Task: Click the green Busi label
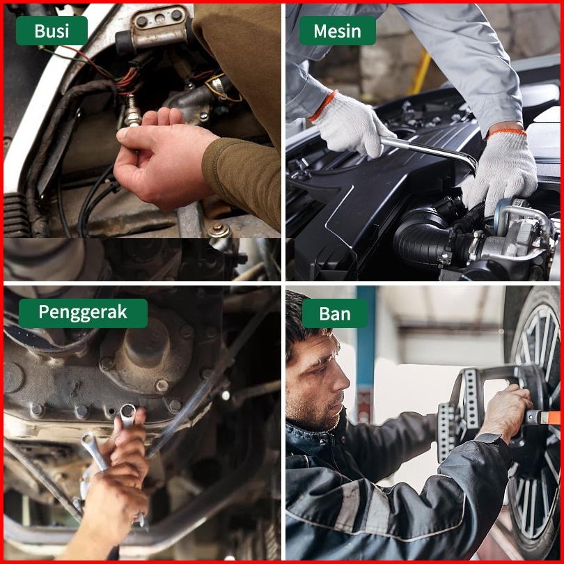click(x=52, y=31)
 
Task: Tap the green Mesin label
click(x=338, y=31)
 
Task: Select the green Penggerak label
click(x=83, y=313)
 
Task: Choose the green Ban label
click(x=335, y=313)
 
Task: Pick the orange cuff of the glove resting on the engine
click(x=507, y=132)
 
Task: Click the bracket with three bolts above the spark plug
click(x=157, y=28)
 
